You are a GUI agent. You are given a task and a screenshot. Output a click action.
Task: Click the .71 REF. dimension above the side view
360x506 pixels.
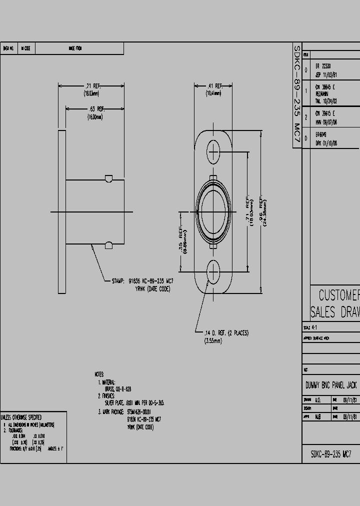tap(91, 86)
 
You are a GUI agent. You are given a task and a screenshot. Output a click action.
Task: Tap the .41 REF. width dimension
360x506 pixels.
tap(213, 86)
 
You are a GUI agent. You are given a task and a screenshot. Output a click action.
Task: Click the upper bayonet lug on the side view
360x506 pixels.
tap(108, 178)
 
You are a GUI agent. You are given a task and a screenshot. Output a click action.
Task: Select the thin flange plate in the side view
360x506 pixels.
tap(62, 211)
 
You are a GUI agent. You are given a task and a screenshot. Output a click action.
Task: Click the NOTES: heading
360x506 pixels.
tap(99, 374)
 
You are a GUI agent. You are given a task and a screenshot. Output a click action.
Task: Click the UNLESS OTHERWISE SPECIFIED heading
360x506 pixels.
tap(21, 417)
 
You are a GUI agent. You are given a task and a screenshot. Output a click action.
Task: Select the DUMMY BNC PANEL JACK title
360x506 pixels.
tap(331, 385)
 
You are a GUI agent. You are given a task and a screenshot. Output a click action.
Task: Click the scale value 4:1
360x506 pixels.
tap(313, 327)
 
